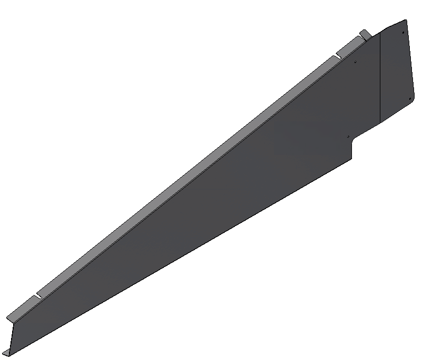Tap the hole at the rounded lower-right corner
(x=410, y=98)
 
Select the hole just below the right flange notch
(x=355, y=61)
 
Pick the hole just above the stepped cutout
(x=348, y=137)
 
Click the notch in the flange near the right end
(x=337, y=54)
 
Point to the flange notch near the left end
(x=37, y=295)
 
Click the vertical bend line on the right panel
(x=380, y=79)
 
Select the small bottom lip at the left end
(x=6, y=352)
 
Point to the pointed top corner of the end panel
(x=406, y=20)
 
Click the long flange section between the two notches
(x=184, y=176)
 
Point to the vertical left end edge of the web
(x=12, y=336)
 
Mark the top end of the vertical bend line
(x=380, y=37)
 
